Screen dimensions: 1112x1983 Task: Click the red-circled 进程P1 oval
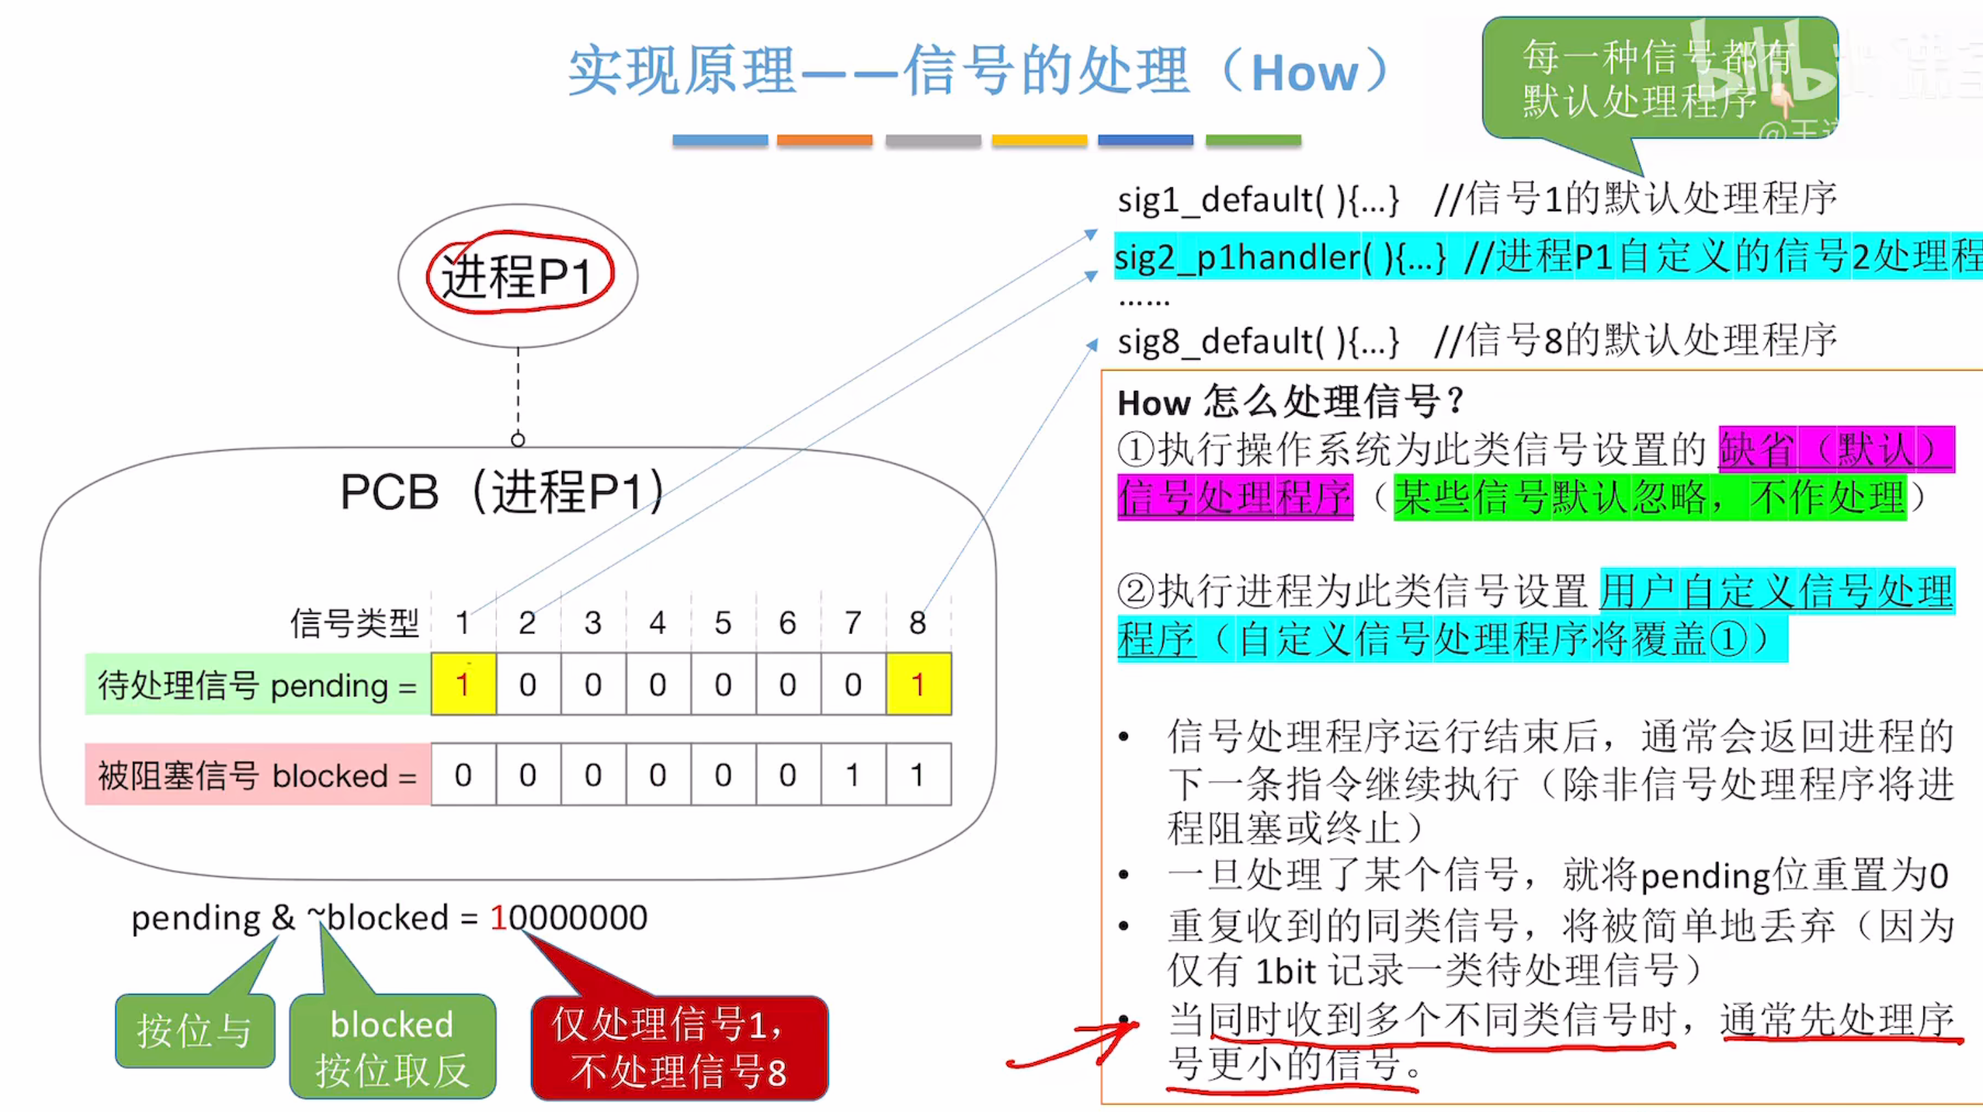tap(518, 275)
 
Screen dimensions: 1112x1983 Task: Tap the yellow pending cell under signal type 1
tap(463, 684)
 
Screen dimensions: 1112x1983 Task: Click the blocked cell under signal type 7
tap(853, 775)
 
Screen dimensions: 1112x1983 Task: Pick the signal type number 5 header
tap(722, 622)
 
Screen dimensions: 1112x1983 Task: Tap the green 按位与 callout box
tap(195, 1030)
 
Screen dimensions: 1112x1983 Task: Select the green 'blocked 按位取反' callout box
tap(393, 1046)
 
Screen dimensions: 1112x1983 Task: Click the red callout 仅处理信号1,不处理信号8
tap(679, 1047)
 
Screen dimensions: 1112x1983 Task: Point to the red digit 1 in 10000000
tap(498, 917)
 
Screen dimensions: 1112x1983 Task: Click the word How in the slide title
tap(1304, 73)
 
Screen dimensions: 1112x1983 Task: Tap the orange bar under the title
tap(825, 140)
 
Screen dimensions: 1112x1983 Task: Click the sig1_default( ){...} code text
tap(1257, 200)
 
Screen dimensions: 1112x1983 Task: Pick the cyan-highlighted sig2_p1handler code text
tap(1280, 257)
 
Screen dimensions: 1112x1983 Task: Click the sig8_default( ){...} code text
tap(1257, 341)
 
